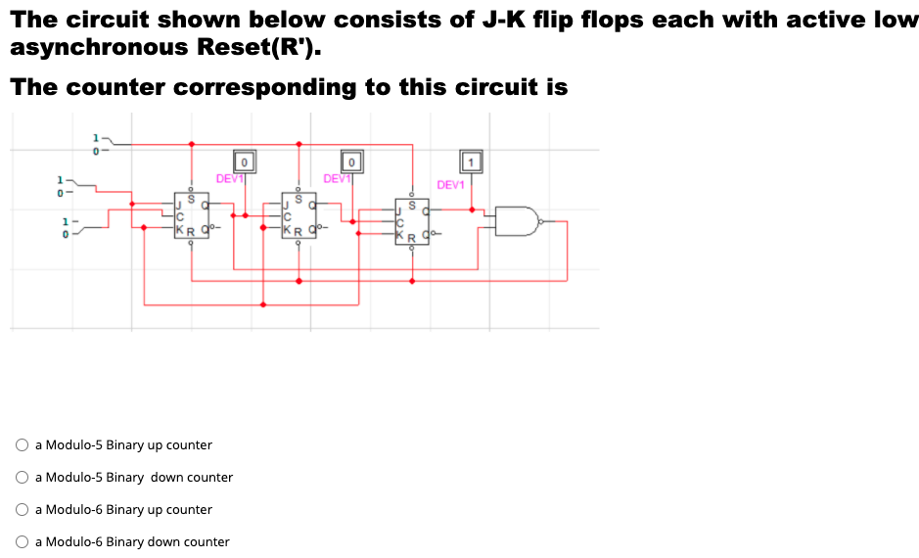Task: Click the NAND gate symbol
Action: [x=518, y=221]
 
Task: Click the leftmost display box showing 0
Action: [x=244, y=160]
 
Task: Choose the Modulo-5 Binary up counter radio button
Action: [x=22, y=445]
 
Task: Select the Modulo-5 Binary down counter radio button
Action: [x=22, y=478]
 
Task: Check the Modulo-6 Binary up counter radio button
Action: [x=22, y=510]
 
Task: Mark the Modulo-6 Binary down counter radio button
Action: [x=22, y=542]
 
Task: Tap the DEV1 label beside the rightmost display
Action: [x=451, y=185]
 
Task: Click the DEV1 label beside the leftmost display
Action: [x=229, y=178]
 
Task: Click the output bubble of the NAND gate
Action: [x=543, y=221]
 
